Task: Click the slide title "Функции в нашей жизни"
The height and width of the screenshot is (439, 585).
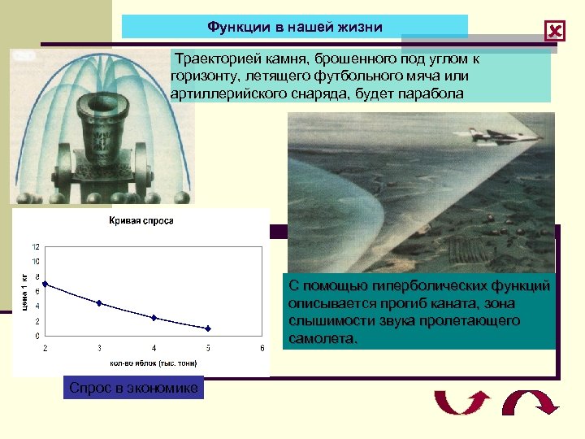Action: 294,27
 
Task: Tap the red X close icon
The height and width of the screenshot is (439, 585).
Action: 555,32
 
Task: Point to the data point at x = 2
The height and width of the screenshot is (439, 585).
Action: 45,284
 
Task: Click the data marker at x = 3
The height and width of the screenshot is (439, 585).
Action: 99,303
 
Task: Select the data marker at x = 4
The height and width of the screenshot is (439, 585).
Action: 154,318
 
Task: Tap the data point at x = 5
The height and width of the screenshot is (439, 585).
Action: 208,328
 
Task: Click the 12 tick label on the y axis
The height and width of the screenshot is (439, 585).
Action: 35,246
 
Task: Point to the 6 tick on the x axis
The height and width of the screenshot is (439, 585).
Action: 262,347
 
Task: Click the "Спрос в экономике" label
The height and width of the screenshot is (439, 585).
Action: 133,389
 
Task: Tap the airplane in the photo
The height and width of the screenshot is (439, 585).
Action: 508,136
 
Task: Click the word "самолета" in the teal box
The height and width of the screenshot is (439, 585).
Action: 321,338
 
